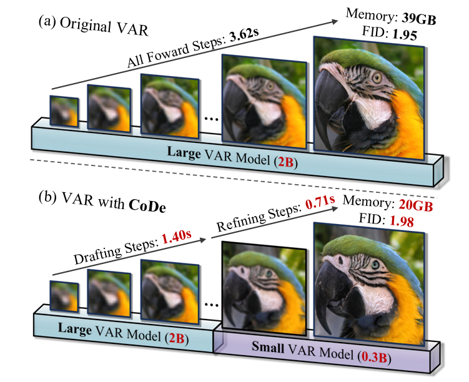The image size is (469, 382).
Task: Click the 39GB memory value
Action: pos(418,19)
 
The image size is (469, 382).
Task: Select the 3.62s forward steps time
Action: pos(244,36)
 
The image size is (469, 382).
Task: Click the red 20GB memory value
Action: pos(416,205)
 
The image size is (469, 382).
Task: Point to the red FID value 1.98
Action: pos(402,221)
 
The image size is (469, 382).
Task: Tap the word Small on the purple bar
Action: pos(268,346)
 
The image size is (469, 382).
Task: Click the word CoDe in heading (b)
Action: pos(147,205)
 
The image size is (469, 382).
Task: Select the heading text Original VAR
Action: pos(104,26)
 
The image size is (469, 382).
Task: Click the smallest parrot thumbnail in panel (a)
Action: pos(64,111)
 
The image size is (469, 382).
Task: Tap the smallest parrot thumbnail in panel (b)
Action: pos(64,296)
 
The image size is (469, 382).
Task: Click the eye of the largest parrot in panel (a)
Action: pos(377,78)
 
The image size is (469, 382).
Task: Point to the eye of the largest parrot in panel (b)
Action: pos(375,264)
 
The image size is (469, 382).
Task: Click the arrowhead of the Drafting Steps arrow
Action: pos(203,240)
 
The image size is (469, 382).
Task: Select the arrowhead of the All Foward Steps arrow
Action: pos(334,21)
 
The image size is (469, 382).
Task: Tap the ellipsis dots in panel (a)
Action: pos(212,119)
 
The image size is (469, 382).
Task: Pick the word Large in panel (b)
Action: pos(75,328)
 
